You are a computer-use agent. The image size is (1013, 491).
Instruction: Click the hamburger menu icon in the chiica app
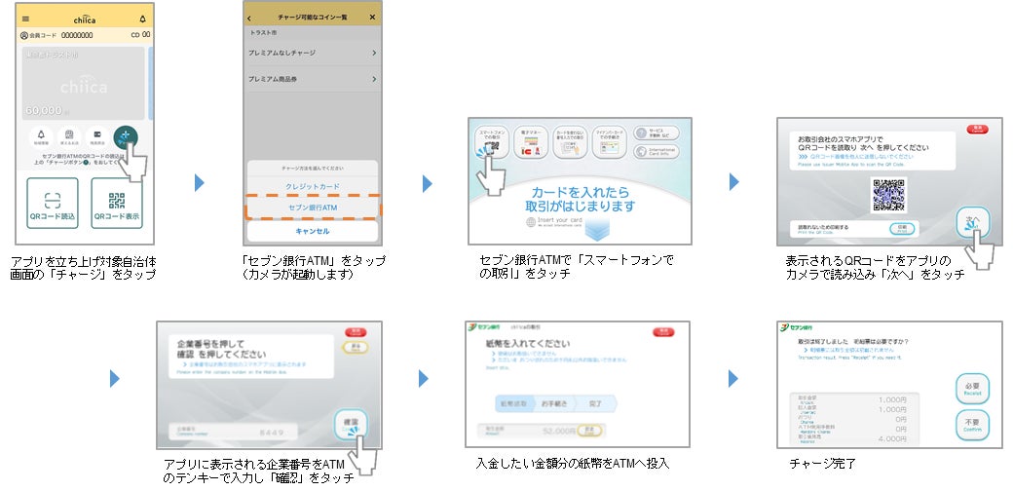(x=25, y=19)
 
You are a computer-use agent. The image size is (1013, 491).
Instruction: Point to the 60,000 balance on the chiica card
(x=44, y=111)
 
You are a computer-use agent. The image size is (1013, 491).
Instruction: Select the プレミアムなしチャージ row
(x=312, y=53)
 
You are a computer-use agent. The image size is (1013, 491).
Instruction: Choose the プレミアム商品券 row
(x=312, y=79)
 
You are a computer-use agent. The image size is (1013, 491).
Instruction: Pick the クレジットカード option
(x=312, y=185)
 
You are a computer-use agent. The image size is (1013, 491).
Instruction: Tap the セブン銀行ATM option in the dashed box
(x=312, y=208)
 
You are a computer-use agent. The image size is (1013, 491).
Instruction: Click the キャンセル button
(x=312, y=232)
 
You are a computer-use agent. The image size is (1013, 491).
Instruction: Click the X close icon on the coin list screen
(x=372, y=18)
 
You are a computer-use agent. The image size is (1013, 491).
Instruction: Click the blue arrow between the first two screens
(x=200, y=182)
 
